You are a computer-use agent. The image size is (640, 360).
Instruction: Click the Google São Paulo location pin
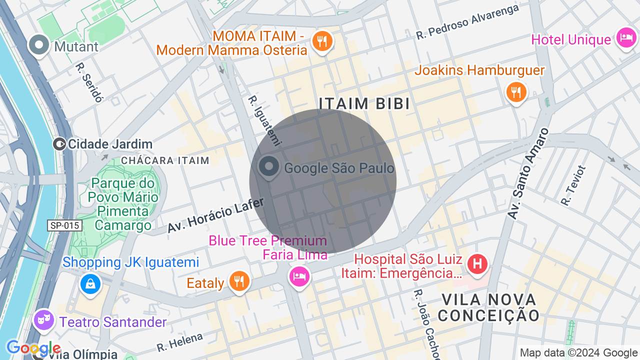[269, 167]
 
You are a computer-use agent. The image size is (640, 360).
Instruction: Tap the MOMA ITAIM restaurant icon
[322, 40]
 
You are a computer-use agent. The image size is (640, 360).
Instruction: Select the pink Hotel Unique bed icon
[626, 37]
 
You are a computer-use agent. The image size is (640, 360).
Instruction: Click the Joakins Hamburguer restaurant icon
[516, 92]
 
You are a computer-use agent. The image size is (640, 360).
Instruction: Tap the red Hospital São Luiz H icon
[477, 263]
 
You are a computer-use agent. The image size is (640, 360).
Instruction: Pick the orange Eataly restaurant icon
[239, 280]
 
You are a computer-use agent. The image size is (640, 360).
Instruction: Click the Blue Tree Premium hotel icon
[299, 276]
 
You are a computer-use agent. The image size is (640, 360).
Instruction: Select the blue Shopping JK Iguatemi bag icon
[90, 284]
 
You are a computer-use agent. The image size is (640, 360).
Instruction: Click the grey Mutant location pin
[38, 45]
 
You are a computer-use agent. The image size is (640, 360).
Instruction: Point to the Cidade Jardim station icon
[59, 144]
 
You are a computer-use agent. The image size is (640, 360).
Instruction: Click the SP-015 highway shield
[65, 225]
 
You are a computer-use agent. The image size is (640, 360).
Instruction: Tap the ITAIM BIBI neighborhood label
[364, 103]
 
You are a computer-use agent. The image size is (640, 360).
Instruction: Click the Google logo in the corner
[33, 348]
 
